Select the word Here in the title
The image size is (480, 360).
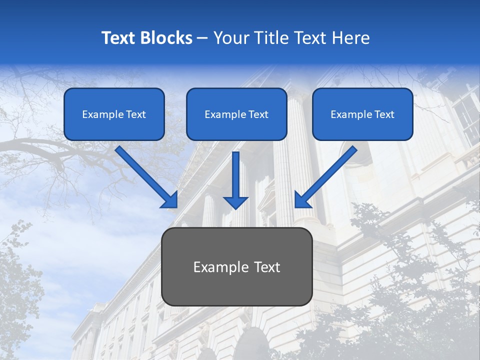pyautogui.click(x=350, y=38)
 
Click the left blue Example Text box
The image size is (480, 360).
pyautogui.click(x=114, y=114)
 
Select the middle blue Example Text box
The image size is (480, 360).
pyautogui.click(x=236, y=114)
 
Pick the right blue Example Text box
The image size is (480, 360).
pyautogui.click(x=362, y=114)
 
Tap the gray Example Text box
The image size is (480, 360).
pyautogui.click(x=237, y=267)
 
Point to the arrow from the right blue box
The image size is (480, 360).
pyautogui.click(x=327, y=175)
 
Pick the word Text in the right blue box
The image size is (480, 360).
pyautogui.click(x=384, y=114)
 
